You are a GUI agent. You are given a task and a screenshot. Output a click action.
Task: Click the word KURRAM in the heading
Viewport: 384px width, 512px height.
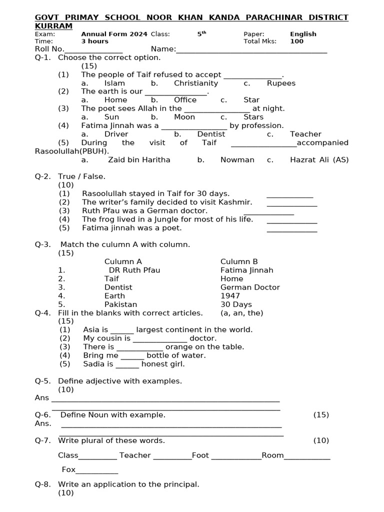53,26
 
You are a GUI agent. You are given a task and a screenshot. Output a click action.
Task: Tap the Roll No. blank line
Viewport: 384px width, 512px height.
93,51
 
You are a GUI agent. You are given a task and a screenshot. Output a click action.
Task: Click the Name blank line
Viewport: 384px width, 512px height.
251,51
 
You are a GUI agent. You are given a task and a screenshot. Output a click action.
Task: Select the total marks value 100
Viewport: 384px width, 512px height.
296,41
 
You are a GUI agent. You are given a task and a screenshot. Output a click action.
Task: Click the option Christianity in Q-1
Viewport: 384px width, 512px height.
196,83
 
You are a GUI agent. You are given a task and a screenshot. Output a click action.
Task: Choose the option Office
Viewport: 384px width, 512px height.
185,100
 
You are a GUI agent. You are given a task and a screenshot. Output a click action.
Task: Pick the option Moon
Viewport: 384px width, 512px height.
184,117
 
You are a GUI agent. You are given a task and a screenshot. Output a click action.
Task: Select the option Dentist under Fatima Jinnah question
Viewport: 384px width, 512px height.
211,134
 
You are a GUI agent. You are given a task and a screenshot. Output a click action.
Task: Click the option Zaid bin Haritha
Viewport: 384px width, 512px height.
139,160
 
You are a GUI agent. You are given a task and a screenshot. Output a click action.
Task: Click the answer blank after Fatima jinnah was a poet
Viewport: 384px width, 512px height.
292,231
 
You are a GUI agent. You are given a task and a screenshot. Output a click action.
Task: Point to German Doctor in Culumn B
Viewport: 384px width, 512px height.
250,287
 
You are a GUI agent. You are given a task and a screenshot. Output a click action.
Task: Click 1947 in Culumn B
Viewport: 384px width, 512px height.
230,296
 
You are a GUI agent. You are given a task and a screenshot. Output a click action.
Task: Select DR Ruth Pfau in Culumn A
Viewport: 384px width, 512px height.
134,270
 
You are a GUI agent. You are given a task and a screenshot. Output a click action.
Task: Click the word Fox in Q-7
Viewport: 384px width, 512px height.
68,469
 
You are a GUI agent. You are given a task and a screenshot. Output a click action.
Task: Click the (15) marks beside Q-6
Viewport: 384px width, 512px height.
321,415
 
